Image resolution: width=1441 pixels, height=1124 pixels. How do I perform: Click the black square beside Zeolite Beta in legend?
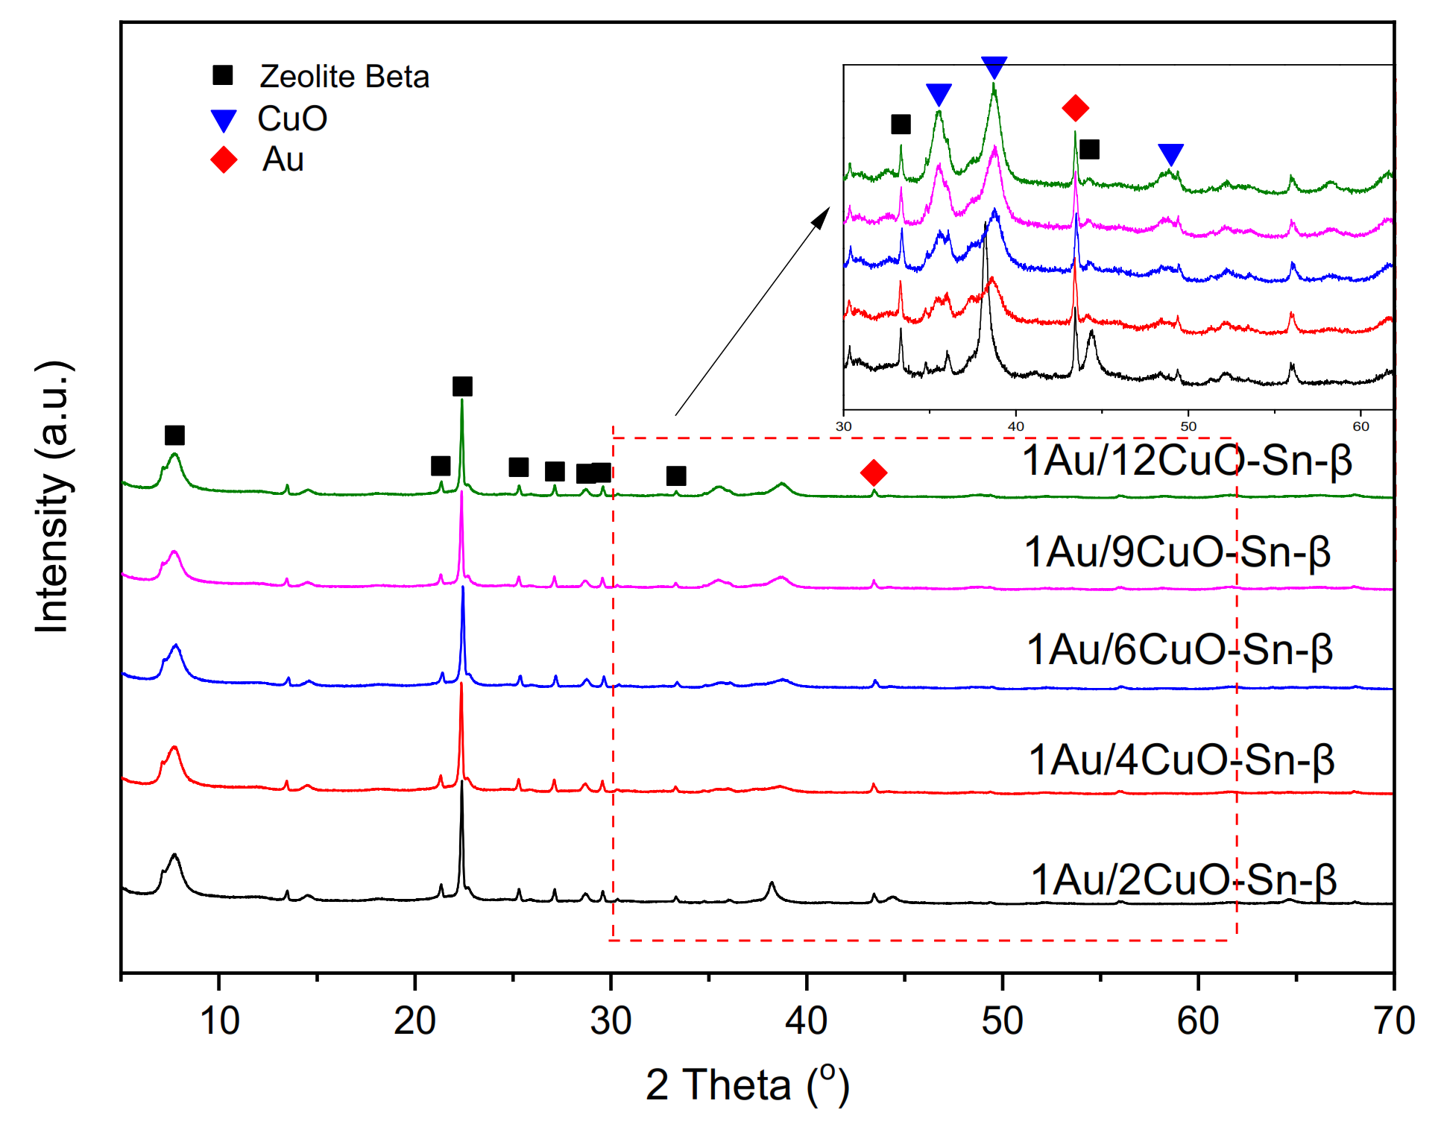tap(223, 75)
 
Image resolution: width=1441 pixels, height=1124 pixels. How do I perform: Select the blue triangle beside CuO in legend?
tap(224, 120)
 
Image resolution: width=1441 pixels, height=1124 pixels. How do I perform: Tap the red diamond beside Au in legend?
tap(224, 160)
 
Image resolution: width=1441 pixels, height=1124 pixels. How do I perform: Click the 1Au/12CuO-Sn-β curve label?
tap(1186, 460)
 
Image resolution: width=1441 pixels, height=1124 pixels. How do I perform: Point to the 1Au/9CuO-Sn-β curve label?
tap(1177, 552)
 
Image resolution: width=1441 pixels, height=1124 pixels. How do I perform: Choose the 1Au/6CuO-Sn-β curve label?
tap(1179, 649)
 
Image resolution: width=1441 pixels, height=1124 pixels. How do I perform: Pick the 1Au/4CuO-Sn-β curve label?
tap(1181, 760)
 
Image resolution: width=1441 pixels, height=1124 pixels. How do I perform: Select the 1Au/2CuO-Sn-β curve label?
tap(1183, 880)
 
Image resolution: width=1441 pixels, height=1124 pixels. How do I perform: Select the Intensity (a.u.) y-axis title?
tap(54, 497)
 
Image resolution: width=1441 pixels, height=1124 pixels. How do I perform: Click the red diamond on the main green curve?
tap(874, 473)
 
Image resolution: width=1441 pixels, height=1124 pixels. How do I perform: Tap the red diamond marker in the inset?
tap(1075, 108)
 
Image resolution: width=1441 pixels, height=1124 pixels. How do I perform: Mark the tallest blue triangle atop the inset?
tap(994, 67)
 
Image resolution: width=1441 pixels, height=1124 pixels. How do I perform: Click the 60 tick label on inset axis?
tap(1360, 426)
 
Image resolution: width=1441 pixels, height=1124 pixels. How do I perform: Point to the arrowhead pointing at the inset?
tap(822, 217)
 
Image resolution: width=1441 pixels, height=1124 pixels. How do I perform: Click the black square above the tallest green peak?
tap(462, 386)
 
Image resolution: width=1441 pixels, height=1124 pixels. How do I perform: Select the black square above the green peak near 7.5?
tap(174, 435)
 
